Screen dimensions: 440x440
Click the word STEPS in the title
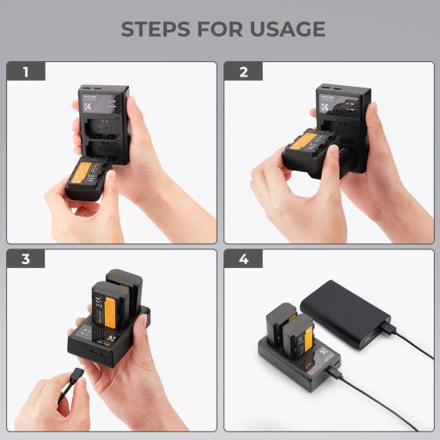(x=153, y=29)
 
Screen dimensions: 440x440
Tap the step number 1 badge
(x=26, y=72)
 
